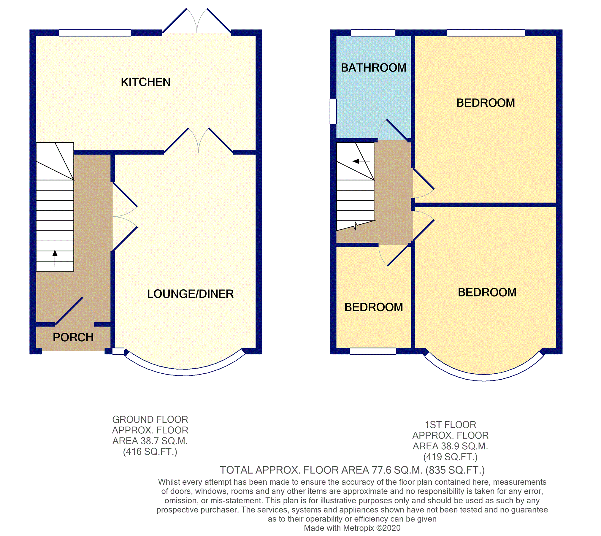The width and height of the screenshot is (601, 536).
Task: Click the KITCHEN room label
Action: (145, 82)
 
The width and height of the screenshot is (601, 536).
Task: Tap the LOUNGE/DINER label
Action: (190, 294)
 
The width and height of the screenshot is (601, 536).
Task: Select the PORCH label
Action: (73, 337)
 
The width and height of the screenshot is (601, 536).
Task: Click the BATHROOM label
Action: (373, 68)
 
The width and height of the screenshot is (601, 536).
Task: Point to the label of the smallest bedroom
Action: (373, 307)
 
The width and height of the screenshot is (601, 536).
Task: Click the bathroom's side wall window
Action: (333, 111)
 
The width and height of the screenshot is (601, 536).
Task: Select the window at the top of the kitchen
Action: (95, 33)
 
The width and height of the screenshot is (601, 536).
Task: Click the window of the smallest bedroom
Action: (373, 351)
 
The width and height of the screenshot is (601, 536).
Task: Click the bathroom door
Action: (396, 130)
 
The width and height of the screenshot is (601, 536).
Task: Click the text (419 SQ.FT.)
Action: (450, 457)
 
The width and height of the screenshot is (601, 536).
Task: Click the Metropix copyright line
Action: (352, 528)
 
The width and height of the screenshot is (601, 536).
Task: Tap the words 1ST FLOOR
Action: (450, 425)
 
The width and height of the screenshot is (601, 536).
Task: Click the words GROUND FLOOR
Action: (150, 419)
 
